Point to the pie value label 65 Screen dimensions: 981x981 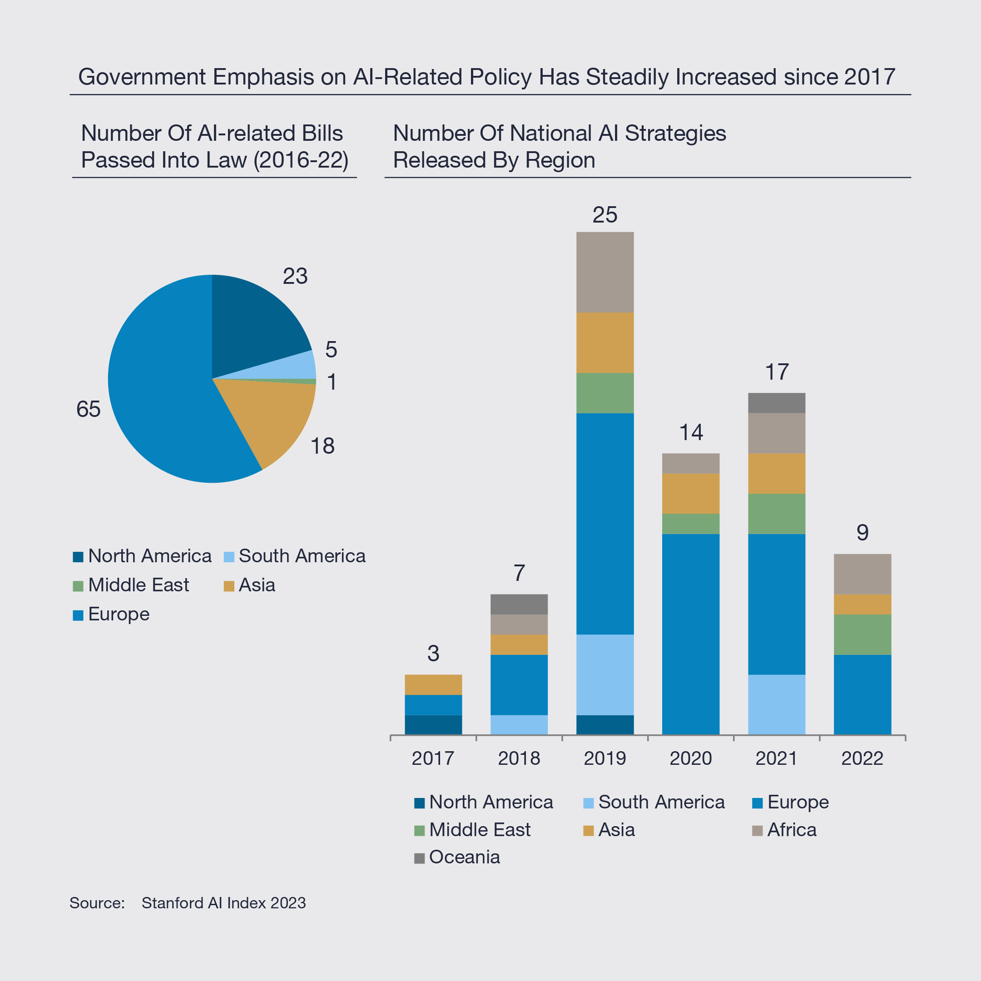89,409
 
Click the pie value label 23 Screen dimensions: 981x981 295,276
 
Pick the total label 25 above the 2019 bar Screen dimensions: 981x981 605,215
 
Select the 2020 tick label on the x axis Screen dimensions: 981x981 690,758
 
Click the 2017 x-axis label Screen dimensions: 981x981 433,758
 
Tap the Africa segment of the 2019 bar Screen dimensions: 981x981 605,272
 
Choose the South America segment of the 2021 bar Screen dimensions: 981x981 776,704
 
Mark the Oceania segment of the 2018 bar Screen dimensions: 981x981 519,604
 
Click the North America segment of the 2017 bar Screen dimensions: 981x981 433,724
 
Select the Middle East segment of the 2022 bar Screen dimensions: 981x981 862,635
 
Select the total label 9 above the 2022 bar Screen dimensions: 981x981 862,533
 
